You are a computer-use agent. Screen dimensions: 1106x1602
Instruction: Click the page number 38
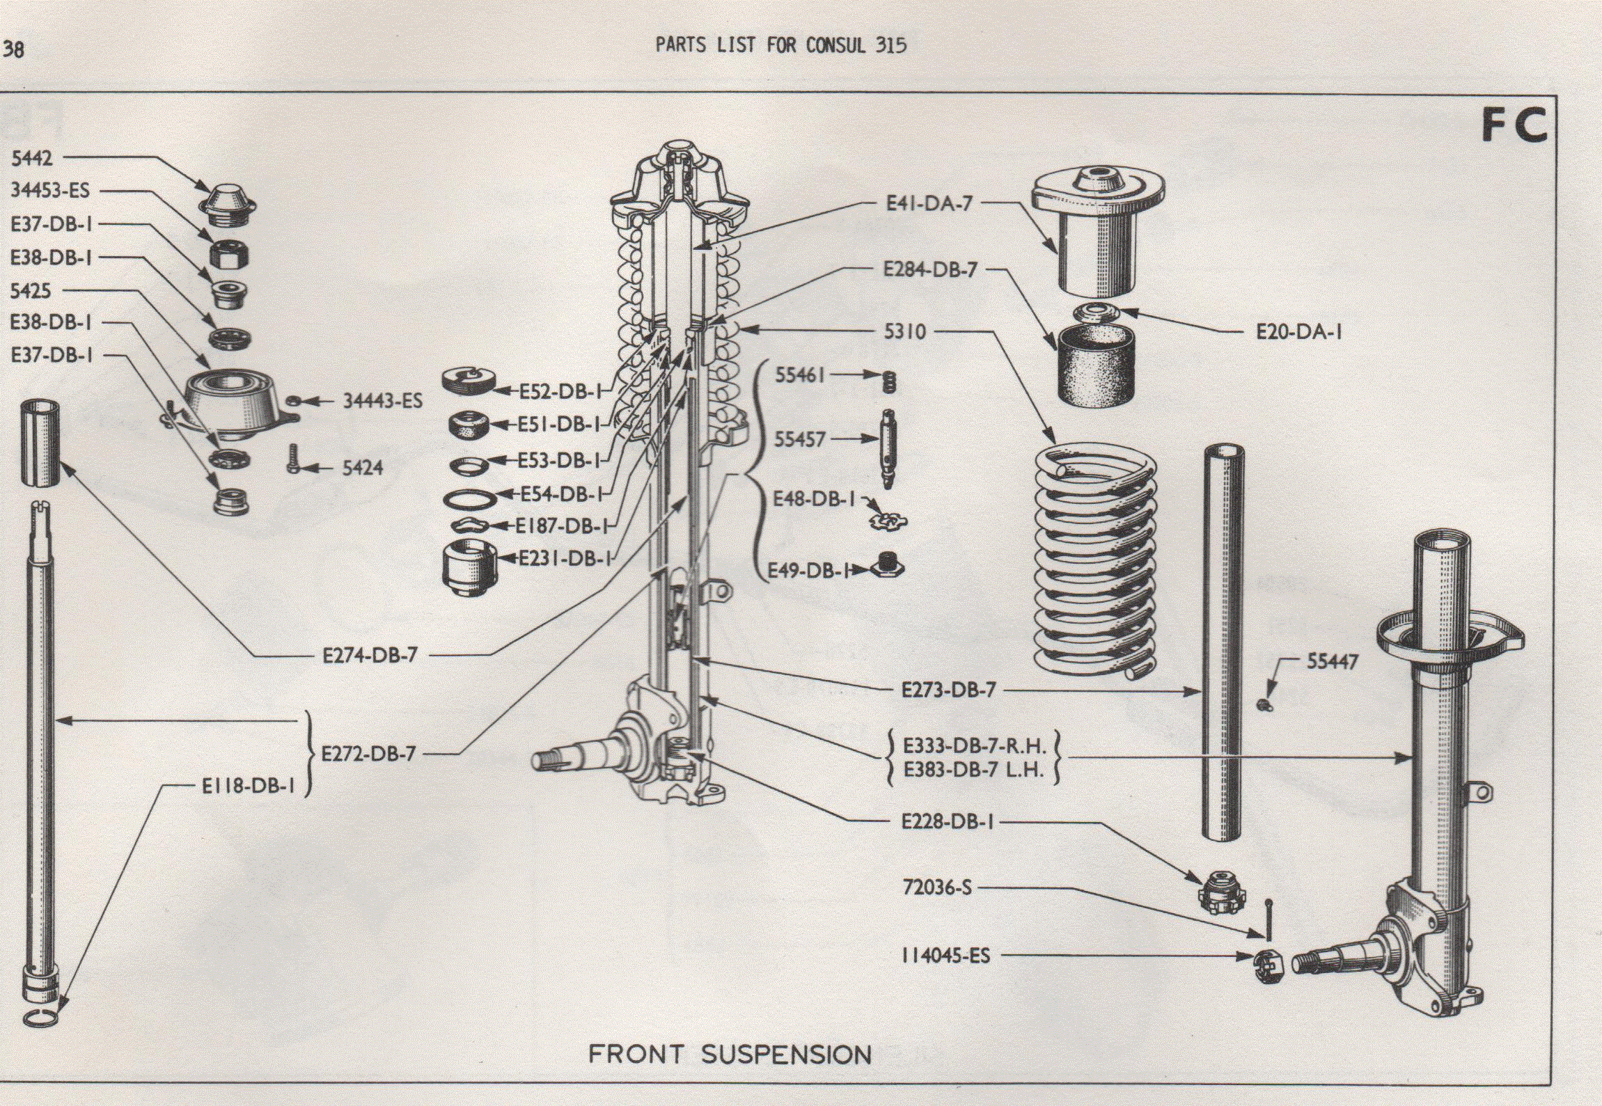pos(13,49)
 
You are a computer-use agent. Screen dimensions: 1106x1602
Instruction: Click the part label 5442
pos(31,159)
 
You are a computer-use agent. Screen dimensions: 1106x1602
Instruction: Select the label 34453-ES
pos(50,191)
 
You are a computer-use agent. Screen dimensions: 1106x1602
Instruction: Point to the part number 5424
pos(363,468)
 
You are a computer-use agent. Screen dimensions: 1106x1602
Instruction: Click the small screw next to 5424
pos(293,459)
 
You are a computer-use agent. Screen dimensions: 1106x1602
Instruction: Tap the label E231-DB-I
pos(565,558)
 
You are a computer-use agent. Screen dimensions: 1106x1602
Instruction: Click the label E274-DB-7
pos(370,656)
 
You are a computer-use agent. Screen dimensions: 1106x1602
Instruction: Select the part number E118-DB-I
pos(248,787)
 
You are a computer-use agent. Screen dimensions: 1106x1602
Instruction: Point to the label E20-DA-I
pos(1298,332)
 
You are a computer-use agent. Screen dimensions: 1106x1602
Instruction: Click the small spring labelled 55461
pos(889,381)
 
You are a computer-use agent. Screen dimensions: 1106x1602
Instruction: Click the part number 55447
pos(1332,661)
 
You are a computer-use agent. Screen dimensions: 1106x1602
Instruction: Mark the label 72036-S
pos(936,887)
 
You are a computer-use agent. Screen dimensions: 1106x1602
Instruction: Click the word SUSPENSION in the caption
pos(786,1054)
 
